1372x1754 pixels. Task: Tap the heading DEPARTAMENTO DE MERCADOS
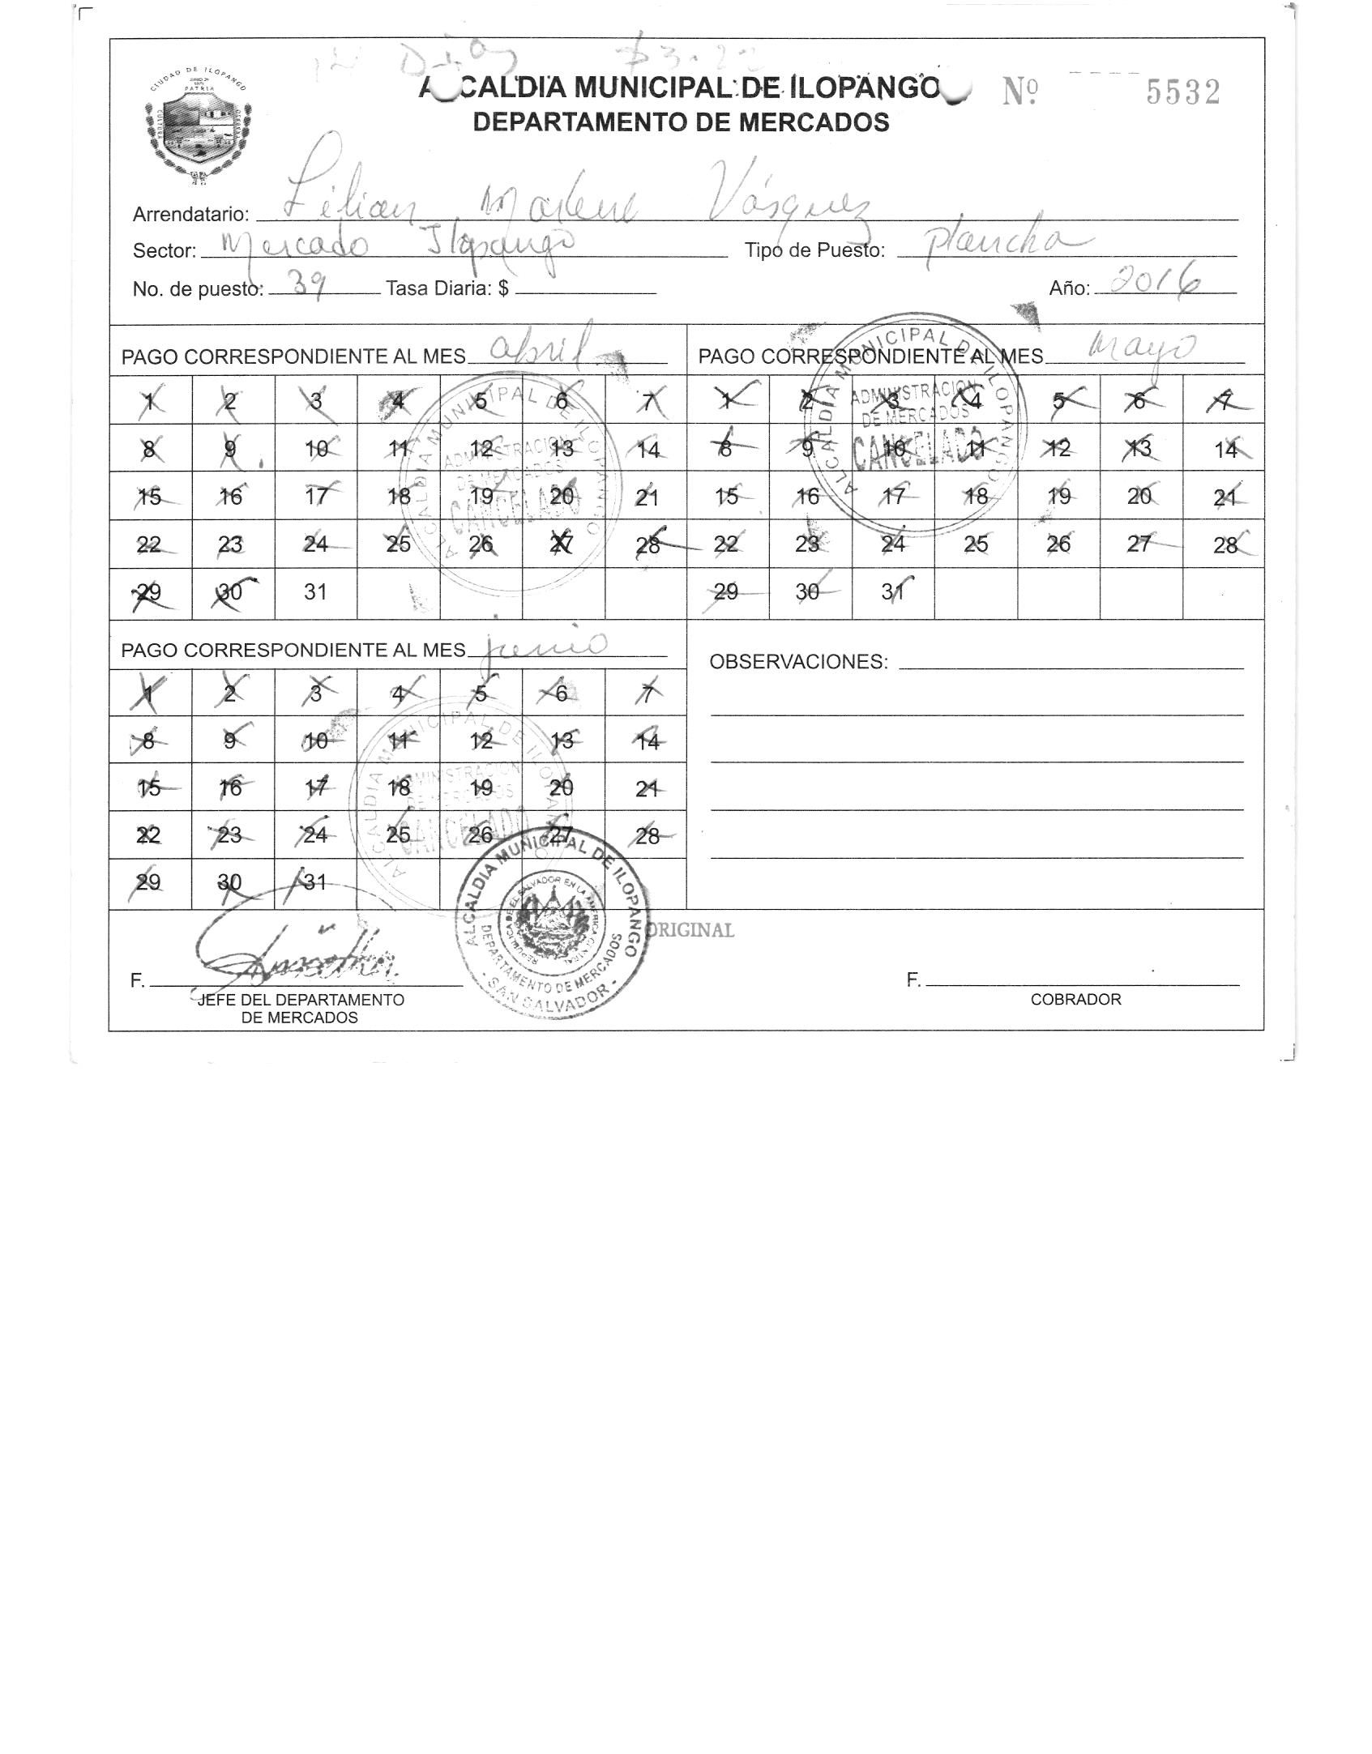point(681,122)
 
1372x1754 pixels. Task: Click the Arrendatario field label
point(190,215)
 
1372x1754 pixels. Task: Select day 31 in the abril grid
point(315,592)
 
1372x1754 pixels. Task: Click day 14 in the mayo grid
point(1225,450)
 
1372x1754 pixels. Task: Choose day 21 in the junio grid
point(647,788)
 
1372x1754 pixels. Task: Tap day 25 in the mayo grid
point(976,544)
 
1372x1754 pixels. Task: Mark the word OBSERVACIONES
point(798,662)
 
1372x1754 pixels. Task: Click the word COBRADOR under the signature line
point(1075,1000)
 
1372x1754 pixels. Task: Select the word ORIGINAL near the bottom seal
point(693,930)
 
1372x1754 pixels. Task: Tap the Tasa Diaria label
point(447,288)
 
